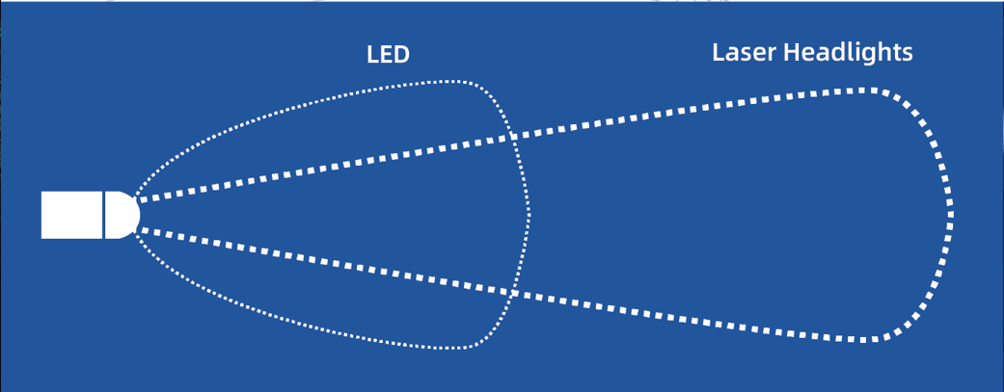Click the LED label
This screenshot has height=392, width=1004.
(388, 55)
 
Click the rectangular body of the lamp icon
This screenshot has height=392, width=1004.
(71, 215)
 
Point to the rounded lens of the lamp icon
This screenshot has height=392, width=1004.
(122, 215)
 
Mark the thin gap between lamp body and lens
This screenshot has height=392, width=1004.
(104, 215)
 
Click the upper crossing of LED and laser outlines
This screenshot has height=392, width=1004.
(513, 136)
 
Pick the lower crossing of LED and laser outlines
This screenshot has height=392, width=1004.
(513, 294)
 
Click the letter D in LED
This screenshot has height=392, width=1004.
(401, 55)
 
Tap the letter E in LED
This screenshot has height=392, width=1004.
(385, 55)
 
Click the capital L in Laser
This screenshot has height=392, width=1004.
(719, 52)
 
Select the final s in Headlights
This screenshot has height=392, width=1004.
(908, 55)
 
